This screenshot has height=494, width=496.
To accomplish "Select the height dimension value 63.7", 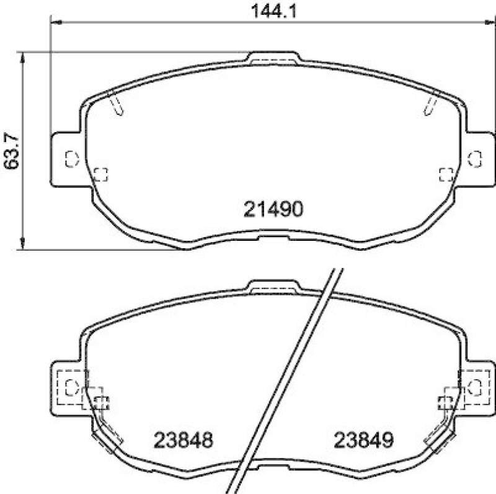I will [11, 151].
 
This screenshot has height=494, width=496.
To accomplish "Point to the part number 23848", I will [183, 441].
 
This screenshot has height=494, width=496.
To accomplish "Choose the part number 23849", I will [364, 441].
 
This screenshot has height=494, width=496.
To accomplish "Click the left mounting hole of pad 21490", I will [71, 157].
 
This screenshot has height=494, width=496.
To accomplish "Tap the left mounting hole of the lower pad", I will [71, 387].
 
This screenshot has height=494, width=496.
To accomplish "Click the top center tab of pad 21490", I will [273, 58].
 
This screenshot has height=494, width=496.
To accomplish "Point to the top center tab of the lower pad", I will [273, 287].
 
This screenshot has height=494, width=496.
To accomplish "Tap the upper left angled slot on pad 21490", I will [116, 103].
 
